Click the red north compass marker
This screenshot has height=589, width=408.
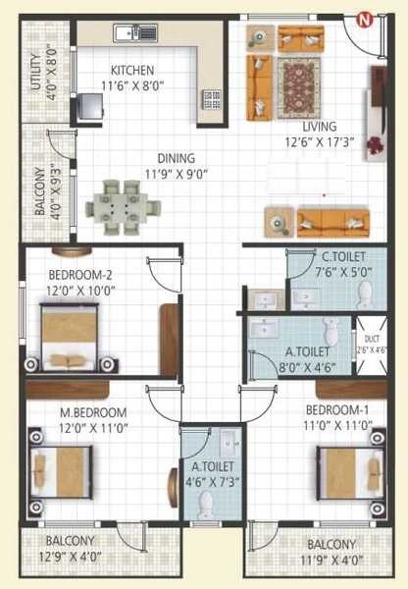pyautogui.click(x=363, y=19)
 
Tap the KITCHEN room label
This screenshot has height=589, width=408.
pyautogui.click(x=130, y=70)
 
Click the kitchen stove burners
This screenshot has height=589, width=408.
pyautogui.click(x=211, y=99)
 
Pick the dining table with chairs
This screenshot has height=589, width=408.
pyautogui.click(x=124, y=205)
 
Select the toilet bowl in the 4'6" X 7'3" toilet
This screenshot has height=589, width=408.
pyautogui.click(x=206, y=504)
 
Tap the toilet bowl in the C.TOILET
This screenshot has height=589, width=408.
pyautogui.click(x=364, y=291)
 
